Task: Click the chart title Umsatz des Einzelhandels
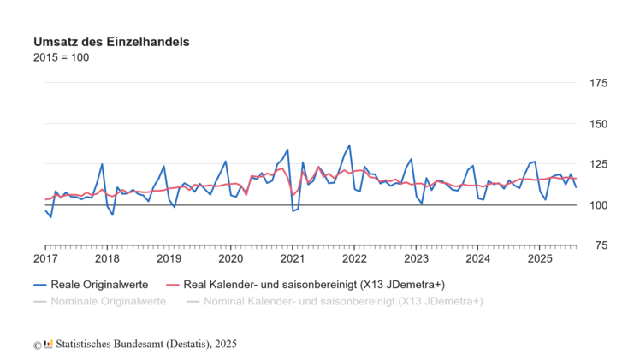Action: click(111, 41)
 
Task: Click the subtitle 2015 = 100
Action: click(61, 57)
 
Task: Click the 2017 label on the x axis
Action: click(45, 258)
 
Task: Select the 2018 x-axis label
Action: click(107, 258)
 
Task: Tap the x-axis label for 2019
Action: click(169, 258)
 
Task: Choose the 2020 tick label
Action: click(231, 258)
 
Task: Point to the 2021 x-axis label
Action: click(293, 258)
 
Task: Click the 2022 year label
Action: click(354, 258)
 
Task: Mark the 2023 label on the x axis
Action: click(417, 258)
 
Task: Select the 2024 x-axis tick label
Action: click(478, 258)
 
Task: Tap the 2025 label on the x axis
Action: click(540, 258)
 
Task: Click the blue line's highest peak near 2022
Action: click(349, 145)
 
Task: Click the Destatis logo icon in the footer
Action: click(49, 344)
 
